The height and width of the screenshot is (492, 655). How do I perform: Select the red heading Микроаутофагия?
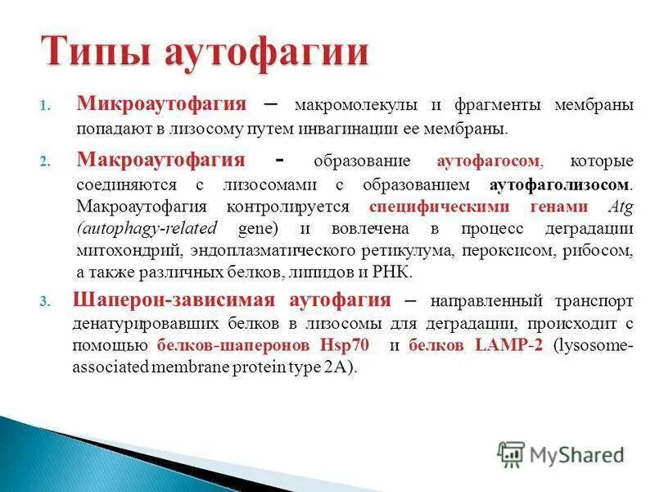161,104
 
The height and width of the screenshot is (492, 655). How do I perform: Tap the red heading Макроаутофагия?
160,158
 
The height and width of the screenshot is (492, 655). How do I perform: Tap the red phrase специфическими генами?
478,205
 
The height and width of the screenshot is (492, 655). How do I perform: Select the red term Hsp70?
346,345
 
